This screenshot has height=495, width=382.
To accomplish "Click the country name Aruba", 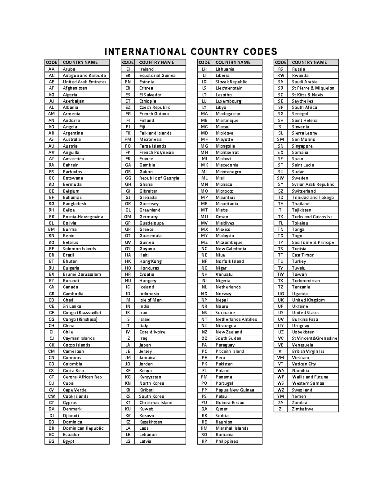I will click(x=69, y=69).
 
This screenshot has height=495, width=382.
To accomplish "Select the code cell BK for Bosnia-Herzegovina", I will click(x=52, y=217).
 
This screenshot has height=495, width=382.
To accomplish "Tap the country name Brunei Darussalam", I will click(x=82, y=274).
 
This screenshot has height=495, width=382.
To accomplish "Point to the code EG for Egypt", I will click(x=52, y=441).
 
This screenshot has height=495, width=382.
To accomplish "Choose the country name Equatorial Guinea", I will click(x=157, y=76).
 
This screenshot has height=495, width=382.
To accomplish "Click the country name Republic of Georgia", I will click(x=159, y=178).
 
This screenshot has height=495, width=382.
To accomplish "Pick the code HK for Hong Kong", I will click(x=128, y=261).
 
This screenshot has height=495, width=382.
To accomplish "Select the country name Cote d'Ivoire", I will click(x=152, y=332).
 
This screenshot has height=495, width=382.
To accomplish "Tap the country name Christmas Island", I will click(x=156, y=403).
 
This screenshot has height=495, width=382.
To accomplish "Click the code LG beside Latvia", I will click(x=128, y=441).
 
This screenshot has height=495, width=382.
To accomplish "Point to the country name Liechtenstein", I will click(x=229, y=88).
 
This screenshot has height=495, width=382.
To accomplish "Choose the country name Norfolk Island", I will click(x=230, y=261).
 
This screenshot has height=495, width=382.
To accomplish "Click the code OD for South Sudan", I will click(x=204, y=338).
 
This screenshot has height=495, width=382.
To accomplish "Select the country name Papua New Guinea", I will click(x=235, y=390).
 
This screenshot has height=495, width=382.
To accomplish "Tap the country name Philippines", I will click(x=227, y=441).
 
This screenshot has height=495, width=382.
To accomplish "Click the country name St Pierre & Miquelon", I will click(x=313, y=88).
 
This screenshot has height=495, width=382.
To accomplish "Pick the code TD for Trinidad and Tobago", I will click(x=280, y=198).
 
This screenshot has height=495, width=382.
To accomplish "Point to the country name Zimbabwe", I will click(x=302, y=409).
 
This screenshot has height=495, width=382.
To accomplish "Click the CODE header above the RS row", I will click(x=280, y=62).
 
